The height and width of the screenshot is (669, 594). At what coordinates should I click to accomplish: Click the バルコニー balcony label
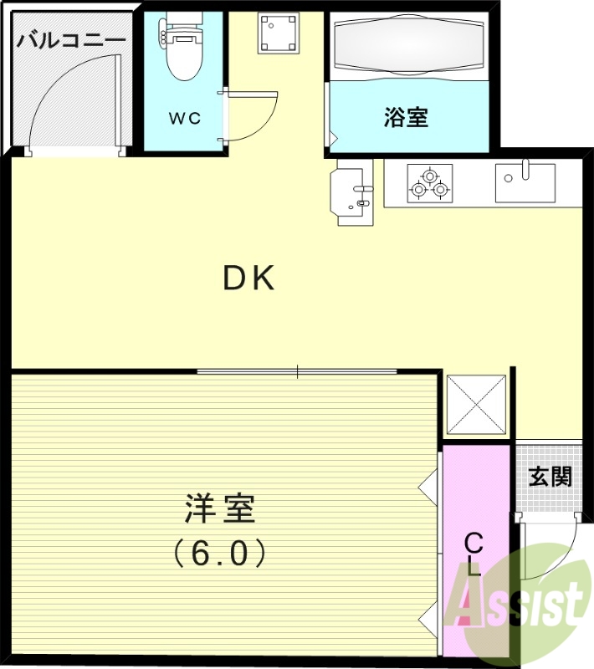(71, 39)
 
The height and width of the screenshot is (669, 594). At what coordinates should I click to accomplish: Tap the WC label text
(185, 118)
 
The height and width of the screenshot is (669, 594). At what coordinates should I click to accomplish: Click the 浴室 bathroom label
(406, 118)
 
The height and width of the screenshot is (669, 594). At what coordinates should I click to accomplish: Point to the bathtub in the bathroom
(409, 49)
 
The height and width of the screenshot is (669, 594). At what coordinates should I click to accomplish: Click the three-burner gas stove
(429, 185)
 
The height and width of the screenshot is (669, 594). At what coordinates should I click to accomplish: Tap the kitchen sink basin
(525, 182)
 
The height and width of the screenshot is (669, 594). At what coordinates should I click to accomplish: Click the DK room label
(248, 278)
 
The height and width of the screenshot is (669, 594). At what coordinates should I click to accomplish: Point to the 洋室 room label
(220, 508)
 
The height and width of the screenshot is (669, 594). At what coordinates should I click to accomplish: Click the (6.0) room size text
(220, 551)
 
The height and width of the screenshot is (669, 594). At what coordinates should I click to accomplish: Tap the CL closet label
(474, 554)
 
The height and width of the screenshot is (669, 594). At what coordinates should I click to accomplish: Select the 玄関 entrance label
(550, 477)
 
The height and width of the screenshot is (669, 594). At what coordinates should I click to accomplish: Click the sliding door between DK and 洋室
(297, 371)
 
